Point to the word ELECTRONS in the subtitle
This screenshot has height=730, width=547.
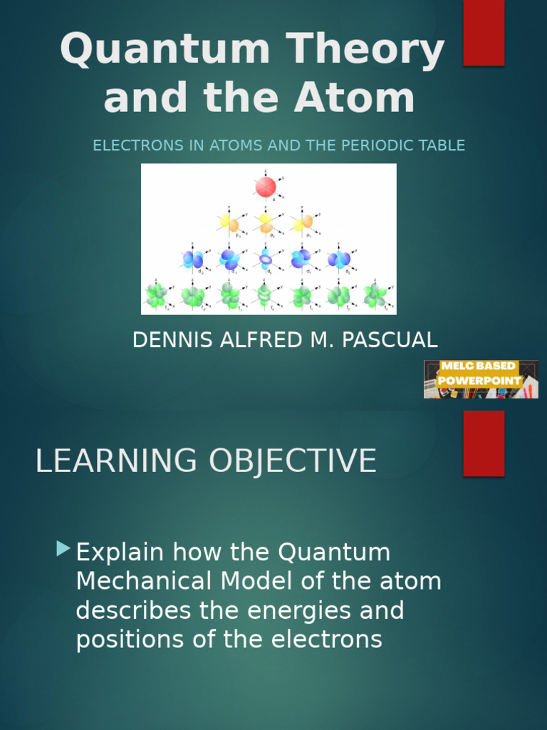point(142,145)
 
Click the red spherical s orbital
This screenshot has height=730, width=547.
point(266,187)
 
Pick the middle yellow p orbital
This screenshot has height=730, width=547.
point(266,223)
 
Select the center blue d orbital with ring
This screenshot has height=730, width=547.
point(266,259)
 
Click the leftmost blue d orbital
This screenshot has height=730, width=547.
point(192,259)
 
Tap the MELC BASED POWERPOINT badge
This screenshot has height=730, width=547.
point(481,379)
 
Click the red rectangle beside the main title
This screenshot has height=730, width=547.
point(484,33)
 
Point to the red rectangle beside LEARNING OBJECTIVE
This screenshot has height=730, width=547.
point(484,443)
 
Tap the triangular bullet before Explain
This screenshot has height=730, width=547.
point(64,548)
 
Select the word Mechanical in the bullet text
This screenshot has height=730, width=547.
point(145,582)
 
